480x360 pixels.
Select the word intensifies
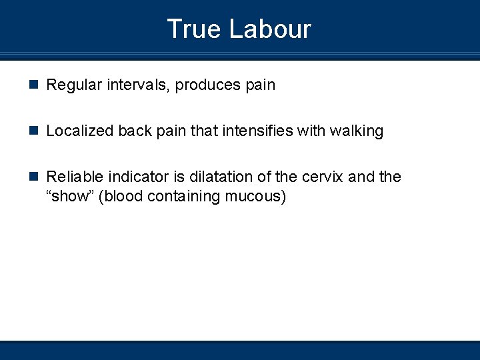click(257, 131)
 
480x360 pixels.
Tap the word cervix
click(323, 177)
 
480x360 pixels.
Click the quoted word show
click(73, 196)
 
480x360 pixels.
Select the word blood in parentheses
click(121, 196)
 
